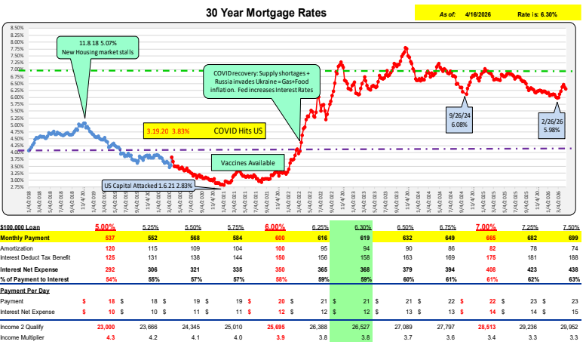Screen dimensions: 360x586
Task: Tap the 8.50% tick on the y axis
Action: click(16, 28)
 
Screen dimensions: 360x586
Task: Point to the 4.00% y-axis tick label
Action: click(16, 152)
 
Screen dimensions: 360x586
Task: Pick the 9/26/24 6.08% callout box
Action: click(459, 121)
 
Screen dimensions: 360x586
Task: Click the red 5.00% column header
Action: click(104, 227)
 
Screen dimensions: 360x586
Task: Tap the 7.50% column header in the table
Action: click(570, 227)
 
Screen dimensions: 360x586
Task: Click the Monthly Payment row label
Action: click(29, 237)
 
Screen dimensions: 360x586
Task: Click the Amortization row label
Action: click(20, 247)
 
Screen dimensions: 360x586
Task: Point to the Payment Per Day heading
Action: click(26, 291)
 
